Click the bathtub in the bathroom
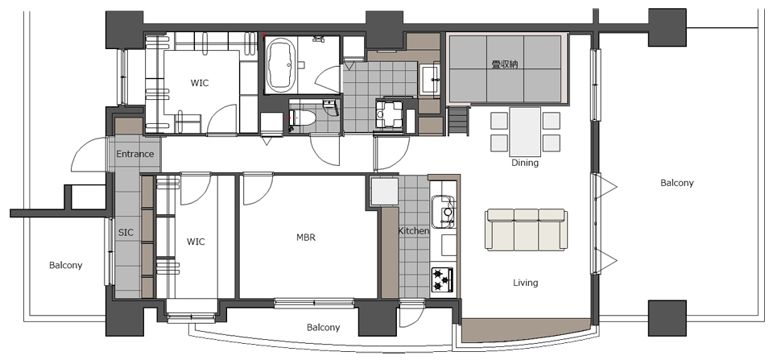(x=281, y=66)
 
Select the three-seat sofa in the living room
(x=526, y=230)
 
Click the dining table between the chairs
(x=525, y=131)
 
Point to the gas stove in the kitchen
(x=442, y=279)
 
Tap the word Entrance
(x=135, y=154)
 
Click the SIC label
(x=126, y=232)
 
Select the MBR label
(x=306, y=238)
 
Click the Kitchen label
(x=414, y=231)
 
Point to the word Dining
(x=524, y=163)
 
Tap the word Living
(x=526, y=283)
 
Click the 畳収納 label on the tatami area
(x=505, y=64)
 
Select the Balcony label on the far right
(x=677, y=183)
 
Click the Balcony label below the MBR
(x=324, y=328)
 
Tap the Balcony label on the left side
(x=65, y=265)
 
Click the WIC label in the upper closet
(x=200, y=83)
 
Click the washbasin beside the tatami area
(x=430, y=81)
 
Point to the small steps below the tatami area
(x=458, y=121)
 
